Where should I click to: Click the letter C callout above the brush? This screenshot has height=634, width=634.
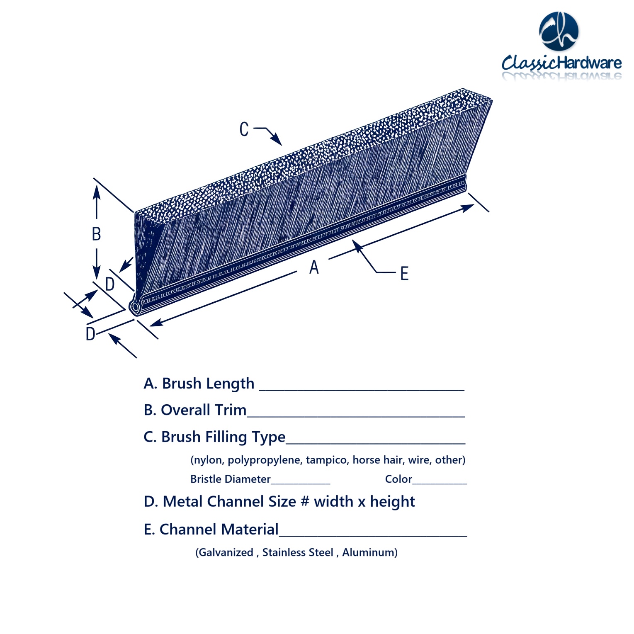244,129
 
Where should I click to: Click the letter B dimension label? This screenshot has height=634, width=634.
96,234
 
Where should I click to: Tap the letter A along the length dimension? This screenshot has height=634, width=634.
314,267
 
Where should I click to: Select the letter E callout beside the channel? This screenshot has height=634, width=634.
404,274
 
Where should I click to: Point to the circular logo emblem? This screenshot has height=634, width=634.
559,32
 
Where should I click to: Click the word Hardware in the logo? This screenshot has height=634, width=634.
589,63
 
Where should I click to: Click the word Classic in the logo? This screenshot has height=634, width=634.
529,63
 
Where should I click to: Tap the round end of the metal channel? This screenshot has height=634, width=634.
135,307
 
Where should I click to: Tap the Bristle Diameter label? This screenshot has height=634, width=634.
230,479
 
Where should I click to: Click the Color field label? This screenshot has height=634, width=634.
398,479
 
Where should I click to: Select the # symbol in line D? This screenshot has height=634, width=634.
305,502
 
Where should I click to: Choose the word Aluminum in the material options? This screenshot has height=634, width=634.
368,552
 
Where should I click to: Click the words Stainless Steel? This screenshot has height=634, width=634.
298,552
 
